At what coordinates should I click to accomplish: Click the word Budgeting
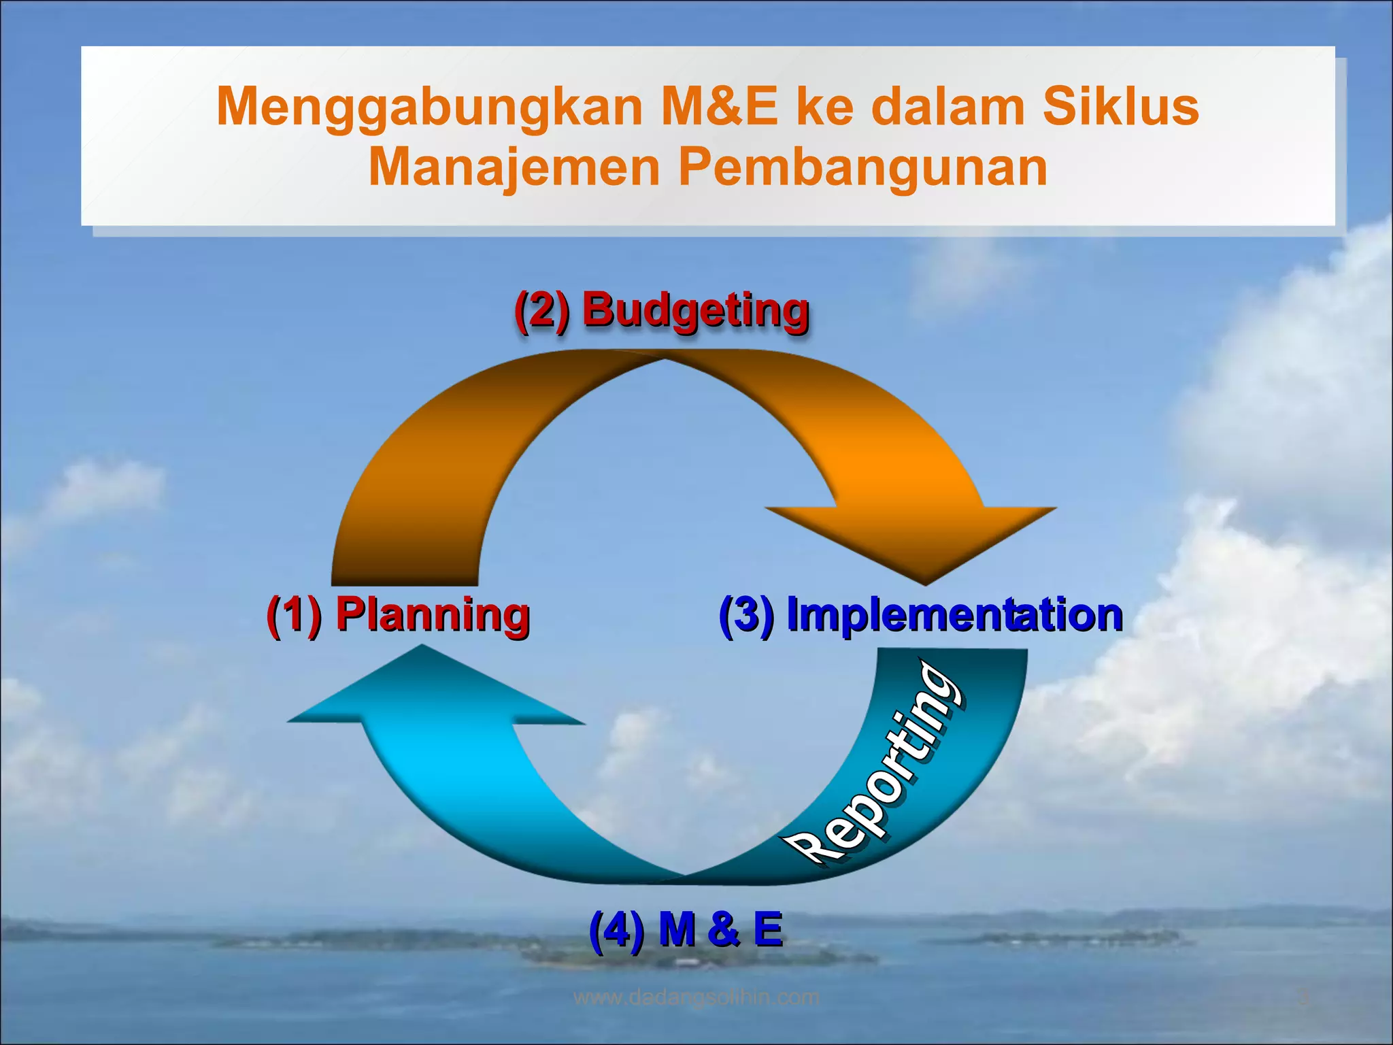[x=695, y=310]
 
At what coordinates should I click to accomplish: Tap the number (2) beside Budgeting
[x=541, y=310]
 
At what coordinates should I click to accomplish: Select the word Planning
[x=433, y=615]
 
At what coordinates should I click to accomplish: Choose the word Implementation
[x=954, y=615]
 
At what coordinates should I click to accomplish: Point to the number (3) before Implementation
[x=746, y=615]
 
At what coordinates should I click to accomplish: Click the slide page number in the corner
[x=1303, y=998]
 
